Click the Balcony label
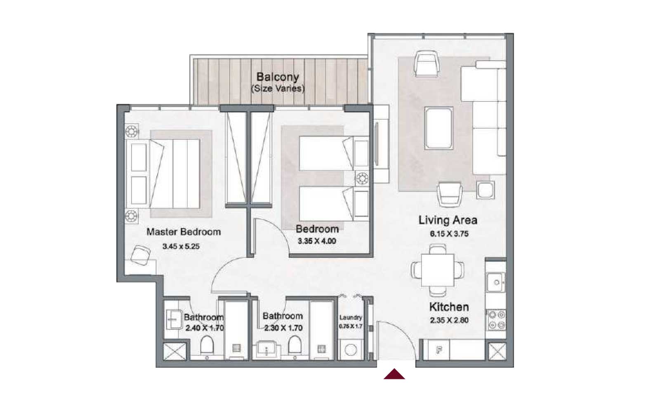pos(277,77)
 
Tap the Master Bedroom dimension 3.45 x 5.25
pos(181,247)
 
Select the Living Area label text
pos(448,220)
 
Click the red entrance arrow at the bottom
pos(394,374)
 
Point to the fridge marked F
pos(439,350)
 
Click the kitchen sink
pos(496,282)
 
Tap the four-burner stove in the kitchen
pos(497,320)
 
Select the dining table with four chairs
pos(437,270)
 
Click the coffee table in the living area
pos(439,127)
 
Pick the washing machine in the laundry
pos(351,350)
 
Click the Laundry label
pos(351,317)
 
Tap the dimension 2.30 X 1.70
pos(283,328)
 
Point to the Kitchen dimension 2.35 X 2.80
pos(449,320)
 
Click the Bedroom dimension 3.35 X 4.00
pos(317,241)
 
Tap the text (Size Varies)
pos(278,88)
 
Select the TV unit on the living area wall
pos(381,144)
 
